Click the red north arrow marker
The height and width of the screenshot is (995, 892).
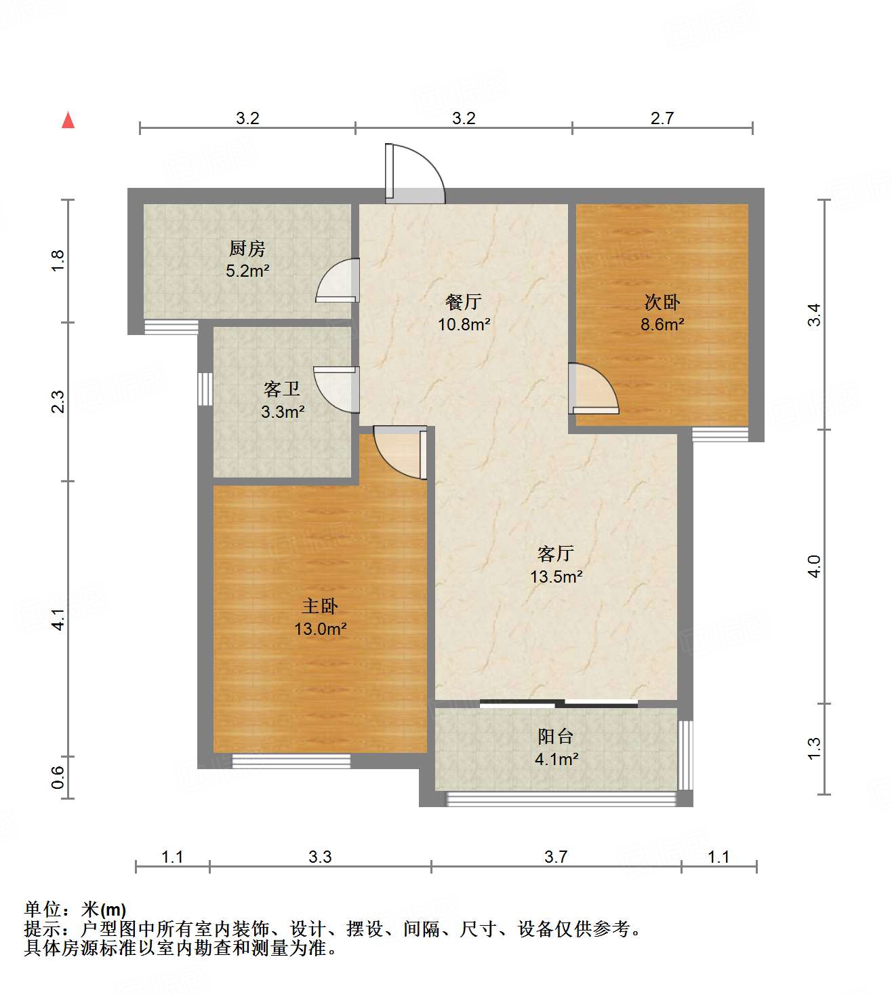tap(68, 120)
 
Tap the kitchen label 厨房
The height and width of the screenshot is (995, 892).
tap(247, 249)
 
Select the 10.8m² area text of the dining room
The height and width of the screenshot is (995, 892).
tap(464, 324)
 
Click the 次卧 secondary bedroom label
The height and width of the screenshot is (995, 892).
tap(662, 303)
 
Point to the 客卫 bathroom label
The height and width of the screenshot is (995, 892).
tap(282, 389)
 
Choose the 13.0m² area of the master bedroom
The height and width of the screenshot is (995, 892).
tap(320, 629)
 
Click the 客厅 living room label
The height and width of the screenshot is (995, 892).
tap(556, 554)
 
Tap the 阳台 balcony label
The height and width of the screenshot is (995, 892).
tap(556, 736)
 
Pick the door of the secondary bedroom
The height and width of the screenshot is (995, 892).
tap(592, 390)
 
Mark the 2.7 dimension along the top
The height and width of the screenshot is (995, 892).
tap(662, 118)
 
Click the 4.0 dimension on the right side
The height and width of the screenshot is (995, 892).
tap(815, 566)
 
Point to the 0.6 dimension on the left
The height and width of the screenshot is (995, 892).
tap(58, 777)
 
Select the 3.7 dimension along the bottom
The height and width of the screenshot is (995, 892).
tap(556, 857)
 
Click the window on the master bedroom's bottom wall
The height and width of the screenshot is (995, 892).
tap(291, 761)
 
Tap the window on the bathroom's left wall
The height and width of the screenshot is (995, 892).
tap(205, 389)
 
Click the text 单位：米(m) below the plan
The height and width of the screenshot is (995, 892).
tap(75, 909)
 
